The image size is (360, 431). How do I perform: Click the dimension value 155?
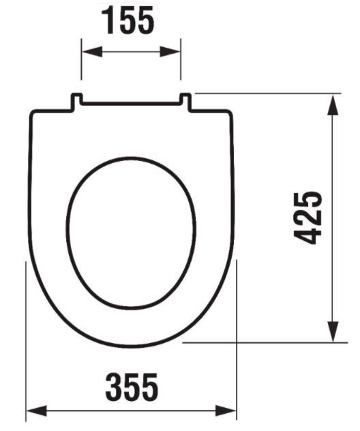tap(130, 22)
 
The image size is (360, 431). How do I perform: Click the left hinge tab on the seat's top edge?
tap(77, 100)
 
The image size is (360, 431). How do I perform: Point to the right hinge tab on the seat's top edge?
tap(185, 100)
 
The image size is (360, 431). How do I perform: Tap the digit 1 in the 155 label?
tap(110, 22)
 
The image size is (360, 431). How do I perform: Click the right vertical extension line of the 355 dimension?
tap(236, 341)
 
